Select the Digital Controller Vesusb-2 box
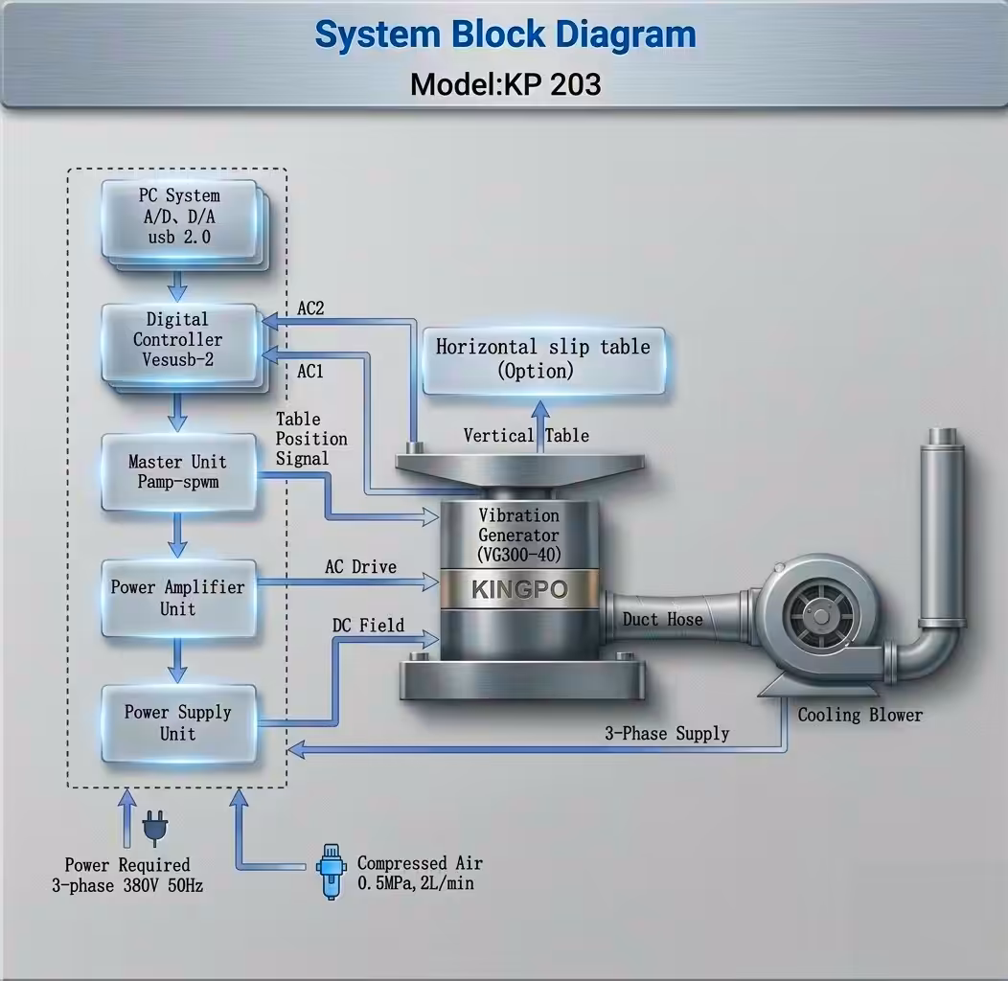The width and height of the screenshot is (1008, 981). (178, 341)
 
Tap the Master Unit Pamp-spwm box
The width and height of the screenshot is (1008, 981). (178, 471)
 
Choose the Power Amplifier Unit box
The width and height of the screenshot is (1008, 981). (178, 598)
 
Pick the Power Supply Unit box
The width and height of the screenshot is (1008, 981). (178, 723)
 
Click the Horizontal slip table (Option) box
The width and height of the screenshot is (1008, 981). (543, 359)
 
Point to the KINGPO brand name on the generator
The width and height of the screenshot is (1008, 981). (519, 589)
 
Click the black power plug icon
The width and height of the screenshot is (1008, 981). (152, 829)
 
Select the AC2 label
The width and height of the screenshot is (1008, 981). (310, 308)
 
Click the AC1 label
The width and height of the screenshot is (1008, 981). (310, 372)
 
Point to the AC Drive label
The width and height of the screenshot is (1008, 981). (360, 567)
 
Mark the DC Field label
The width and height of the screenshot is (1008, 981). (368, 626)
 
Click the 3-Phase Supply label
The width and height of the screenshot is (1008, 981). (666, 734)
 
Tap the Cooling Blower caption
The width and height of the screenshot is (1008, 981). (859, 715)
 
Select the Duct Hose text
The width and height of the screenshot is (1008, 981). (662, 620)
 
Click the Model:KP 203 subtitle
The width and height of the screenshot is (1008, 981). (505, 84)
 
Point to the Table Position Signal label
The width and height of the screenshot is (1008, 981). (311, 439)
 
